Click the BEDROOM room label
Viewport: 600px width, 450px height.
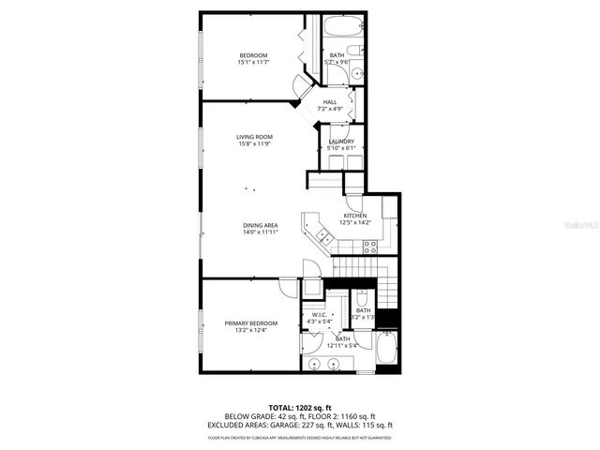pos(253,55)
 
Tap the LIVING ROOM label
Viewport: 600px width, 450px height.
pos(254,137)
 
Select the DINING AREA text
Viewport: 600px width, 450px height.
pos(260,225)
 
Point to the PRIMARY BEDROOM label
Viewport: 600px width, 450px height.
pos(250,322)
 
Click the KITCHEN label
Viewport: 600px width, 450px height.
pos(354,216)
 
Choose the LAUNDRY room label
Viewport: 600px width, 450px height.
pos(340,141)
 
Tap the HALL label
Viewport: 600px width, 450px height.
pos(330,102)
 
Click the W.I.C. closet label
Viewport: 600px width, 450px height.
pos(319,315)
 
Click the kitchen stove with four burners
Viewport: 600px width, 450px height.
pos(369,247)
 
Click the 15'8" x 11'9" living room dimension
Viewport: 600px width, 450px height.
pos(254,144)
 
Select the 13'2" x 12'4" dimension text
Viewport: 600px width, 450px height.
pos(250,330)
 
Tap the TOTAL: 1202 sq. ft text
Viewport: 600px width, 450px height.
pos(300,407)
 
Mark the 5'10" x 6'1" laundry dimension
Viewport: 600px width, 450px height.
pos(340,148)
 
